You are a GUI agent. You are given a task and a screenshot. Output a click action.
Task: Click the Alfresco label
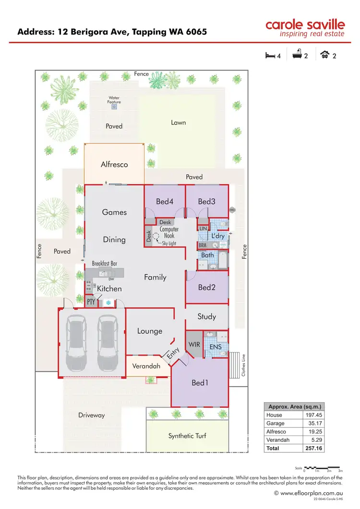click(x=114, y=164)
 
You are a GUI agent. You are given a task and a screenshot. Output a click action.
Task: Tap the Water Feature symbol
click(x=114, y=107)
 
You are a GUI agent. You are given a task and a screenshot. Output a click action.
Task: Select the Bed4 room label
click(x=165, y=202)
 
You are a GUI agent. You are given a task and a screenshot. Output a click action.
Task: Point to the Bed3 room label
click(x=206, y=202)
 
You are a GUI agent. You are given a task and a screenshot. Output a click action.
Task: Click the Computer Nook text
click(x=169, y=232)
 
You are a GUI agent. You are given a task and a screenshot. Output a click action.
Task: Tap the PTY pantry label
click(x=91, y=302)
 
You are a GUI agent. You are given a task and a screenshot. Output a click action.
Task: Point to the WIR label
click(x=194, y=344)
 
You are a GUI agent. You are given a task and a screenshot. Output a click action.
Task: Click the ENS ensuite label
click(x=216, y=346)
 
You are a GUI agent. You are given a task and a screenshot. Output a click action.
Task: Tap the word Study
click(x=207, y=316)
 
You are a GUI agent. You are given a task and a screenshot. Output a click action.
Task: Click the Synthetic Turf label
click(x=187, y=436)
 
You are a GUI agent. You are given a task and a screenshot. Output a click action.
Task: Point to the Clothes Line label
click(x=244, y=365)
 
